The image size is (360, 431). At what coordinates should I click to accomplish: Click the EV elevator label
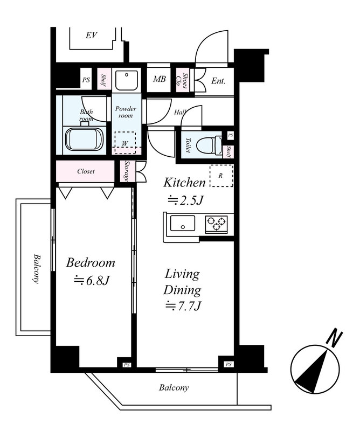coord(92,35)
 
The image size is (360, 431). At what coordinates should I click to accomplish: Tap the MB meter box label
coord(160,79)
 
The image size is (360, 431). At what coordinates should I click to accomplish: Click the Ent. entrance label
coord(218,81)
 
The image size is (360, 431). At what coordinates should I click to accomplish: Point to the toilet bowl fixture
coord(210,145)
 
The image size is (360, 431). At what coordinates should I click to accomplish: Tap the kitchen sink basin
coord(183,223)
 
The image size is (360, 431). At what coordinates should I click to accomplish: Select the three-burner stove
coord(217,223)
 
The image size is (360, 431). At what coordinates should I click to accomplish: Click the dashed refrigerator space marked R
coord(221,176)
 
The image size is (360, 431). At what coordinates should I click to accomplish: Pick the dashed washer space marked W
coord(125,143)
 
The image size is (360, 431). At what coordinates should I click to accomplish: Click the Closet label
coord(86,171)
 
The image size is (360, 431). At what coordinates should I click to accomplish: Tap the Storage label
coord(127,171)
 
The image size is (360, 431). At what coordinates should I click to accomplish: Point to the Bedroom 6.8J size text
coord(92,281)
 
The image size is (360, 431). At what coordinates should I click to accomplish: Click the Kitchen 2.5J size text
coord(185,200)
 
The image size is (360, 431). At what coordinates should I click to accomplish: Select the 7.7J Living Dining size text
coord(183,305)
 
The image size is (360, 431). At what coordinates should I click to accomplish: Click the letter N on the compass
coord(334,339)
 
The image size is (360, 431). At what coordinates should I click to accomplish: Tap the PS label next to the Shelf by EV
coord(86,80)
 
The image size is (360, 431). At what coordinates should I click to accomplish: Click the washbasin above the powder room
coord(127,80)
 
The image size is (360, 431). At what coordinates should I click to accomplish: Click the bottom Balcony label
coord(174,387)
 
